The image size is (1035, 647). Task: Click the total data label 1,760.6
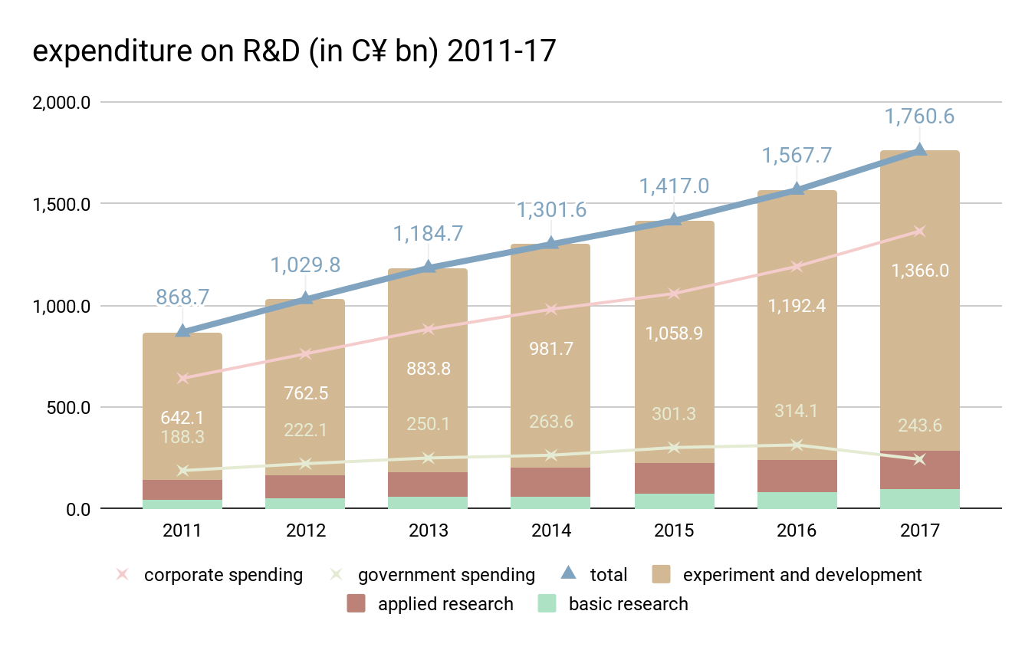(918, 117)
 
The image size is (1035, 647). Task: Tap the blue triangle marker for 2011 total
(182, 331)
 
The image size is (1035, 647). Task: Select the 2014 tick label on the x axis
(550, 530)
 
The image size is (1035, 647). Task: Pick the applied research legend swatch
(356, 603)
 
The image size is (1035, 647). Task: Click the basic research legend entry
(628, 604)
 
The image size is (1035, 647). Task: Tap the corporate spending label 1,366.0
(920, 271)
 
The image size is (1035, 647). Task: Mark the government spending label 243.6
(920, 426)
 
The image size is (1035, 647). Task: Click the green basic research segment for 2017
(920, 498)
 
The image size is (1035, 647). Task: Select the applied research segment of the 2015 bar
(674, 478)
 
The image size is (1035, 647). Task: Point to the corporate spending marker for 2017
(920, 232)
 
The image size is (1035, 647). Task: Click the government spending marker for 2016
(797, 445)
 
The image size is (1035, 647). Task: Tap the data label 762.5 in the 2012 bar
(305, 393)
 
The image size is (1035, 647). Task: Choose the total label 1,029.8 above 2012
(305, 265)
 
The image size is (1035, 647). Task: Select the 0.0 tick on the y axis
(77, 509)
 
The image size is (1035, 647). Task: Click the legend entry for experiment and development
(802, 575)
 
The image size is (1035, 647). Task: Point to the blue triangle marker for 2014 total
(550, 244)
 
